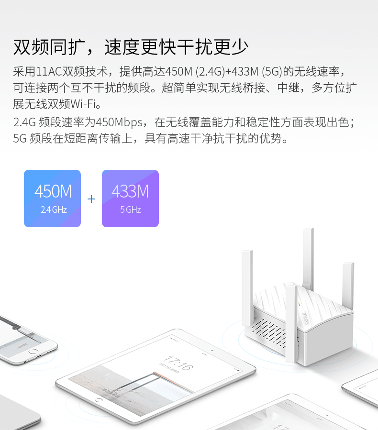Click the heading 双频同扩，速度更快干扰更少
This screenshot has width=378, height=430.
(x=130, y=47)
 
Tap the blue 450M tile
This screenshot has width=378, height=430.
(x=53, y=198)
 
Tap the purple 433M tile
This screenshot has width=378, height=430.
(x=130, y=198)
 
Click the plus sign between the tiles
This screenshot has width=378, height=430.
(x=91, y=198)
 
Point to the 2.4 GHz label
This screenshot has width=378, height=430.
(x=53, y=210)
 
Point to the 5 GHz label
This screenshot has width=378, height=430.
(x=130, y=210)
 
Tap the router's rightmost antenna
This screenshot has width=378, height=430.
(x=348, y=282)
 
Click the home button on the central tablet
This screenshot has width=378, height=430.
(x=100, y=399)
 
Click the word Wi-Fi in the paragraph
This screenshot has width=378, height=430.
(x=85, y=104)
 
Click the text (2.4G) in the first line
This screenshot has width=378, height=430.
(x=209, y=72)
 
